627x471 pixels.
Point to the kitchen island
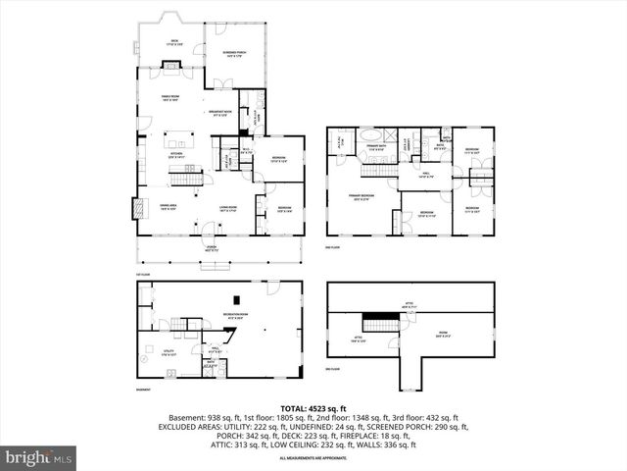pyautogui.click(x=181, y=143)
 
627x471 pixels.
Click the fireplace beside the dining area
pyautogui.click(x=134, y=209)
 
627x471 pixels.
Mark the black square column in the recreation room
pyautogui.click(x=235, y=301)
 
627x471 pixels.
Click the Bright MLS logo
pyautogui.click(x=39, y=457)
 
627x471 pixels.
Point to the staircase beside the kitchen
pyautogui.click(x=186, y=175)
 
